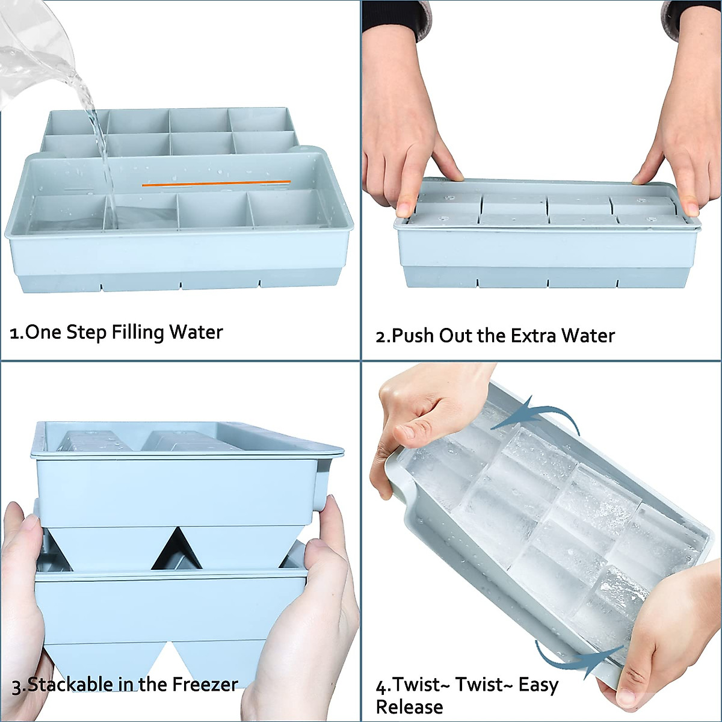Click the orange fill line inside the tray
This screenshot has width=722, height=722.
pos(217,184)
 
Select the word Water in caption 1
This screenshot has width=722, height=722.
pos(196,332)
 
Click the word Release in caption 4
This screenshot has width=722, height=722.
pos(409,706)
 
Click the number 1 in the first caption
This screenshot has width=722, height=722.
pos(14,333)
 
